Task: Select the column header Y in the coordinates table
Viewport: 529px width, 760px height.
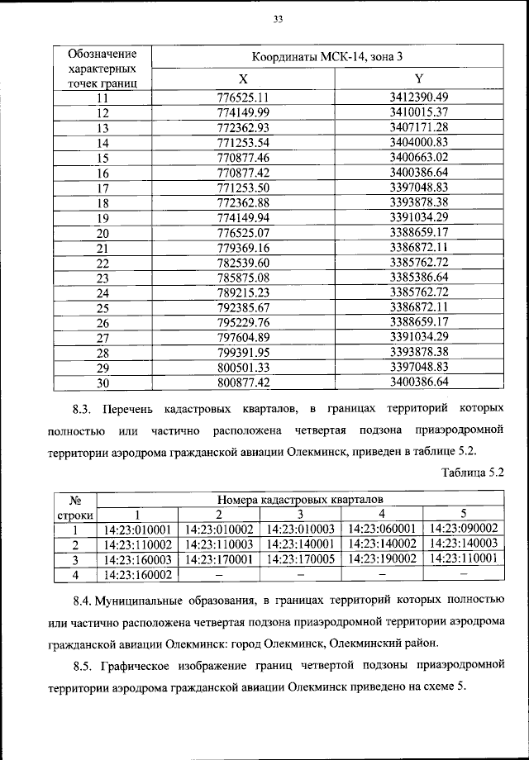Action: [x=418, y=79]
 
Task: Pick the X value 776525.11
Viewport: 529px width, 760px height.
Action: [x=243, y=97]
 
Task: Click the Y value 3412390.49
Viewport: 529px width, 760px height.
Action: [x=418, y=97]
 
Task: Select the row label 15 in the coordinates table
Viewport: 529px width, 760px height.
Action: [x=103, y=157]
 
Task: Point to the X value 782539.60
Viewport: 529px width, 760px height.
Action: [x=243, y=263]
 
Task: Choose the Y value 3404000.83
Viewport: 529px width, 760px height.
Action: [x=418, y=142]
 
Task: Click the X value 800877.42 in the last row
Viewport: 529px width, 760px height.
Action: [x=243, y=382]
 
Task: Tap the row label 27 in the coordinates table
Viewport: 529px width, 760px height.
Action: [x=103, y=338]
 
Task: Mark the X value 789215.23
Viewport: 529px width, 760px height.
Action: [x=243, y=292]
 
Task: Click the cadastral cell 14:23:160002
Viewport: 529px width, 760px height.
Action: [x=137, y=575]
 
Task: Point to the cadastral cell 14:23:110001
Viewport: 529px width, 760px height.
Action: [x=463, y=559]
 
